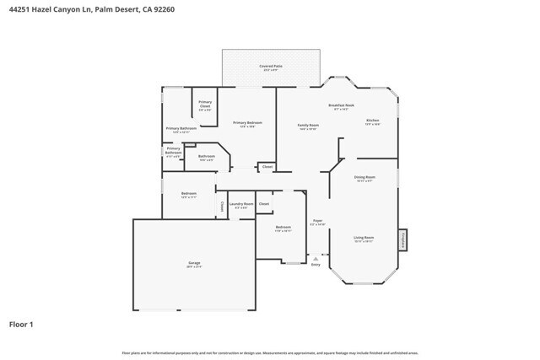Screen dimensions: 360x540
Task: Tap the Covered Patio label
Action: pyautogui.click(x=271, y=67)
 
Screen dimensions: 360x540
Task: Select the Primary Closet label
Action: pyautogui.click(x=205, y=106)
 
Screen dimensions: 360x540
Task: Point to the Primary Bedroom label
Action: pyautogui.click(x=248, y=125)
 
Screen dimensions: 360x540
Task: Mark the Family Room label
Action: pyautogui.click(x=308, y=126)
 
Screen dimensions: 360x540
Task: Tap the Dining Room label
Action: pyautogui.click(x=365, y=178)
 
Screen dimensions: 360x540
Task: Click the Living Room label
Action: pyautogui.click(x=364, y=239)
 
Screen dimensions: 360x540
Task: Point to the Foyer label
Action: pyautogui.click(x=318, y=222)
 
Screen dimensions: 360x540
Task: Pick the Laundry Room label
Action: pyautogui.click(x=242, y=205)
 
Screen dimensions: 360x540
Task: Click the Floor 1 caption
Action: pyautogui.click(x=21, y=324)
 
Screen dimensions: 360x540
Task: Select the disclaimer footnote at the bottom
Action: pyautogui.click(x=269, y=352)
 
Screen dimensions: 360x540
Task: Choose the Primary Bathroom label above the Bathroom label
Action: pyautogui.click(x=181, y=130)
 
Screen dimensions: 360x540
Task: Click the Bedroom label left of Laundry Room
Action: pyautogui.click(x=189, y=195)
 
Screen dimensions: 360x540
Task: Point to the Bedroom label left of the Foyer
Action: pyautogui.click(x=283, y=228)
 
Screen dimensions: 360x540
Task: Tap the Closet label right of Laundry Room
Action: pyautogui.click(x=264, y=204)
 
